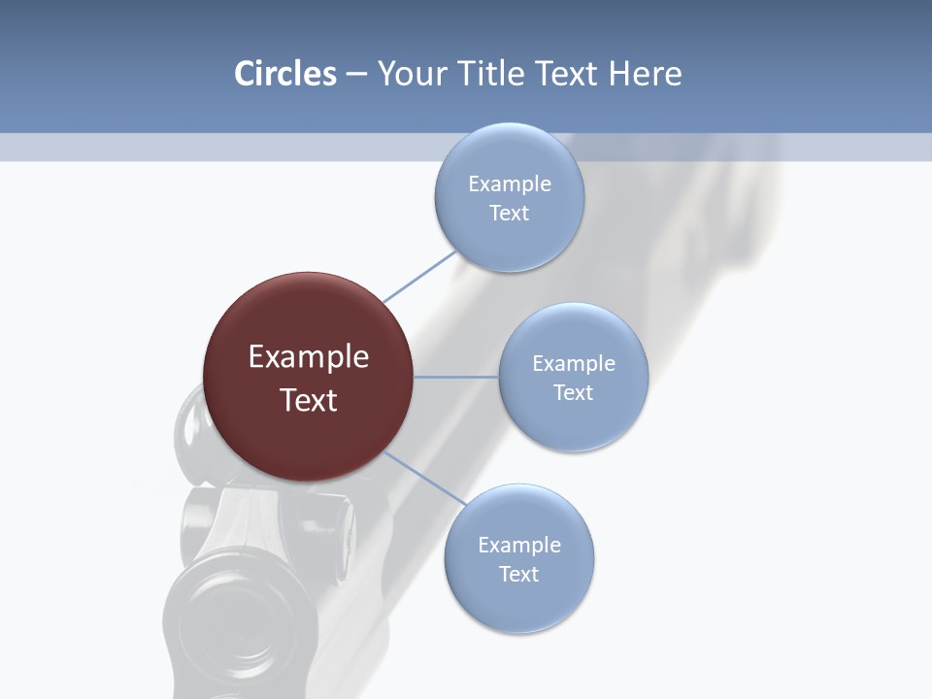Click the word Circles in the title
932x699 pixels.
[284, 74]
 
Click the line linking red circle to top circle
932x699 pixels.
[419, 277]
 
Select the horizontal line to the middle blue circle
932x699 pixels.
[455, 377]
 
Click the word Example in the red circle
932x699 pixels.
[308, 357]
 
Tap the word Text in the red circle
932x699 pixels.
[308, 400]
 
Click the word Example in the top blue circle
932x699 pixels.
[509, 184]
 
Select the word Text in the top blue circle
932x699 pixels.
[509, 214]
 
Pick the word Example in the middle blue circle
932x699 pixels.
[573, 364]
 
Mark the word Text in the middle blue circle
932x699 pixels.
[573, 393]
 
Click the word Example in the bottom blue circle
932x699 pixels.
[518, 546]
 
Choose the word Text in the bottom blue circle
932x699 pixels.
[518, 575]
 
